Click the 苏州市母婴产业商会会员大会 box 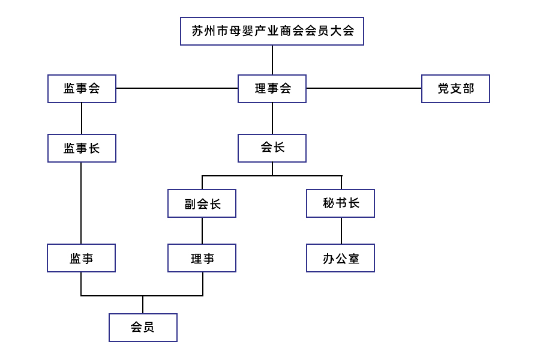[x=272, y=31]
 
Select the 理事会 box [x=272, y=89]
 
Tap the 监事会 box [x=82, y=89]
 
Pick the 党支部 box [x=455, y=89]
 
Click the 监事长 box [x=82, y=148]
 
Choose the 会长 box [x=272, y=148]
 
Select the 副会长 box [x=202, y=203]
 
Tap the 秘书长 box [x=340, y=203]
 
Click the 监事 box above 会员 [x=81, y=258]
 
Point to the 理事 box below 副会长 [x=202, y=258]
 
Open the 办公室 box [x=340, y=258]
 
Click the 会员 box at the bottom [x=143, y=328]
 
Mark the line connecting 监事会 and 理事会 [x=177, y=88]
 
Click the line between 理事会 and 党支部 [x=364, y=88]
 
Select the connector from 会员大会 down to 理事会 [x=272, y=60]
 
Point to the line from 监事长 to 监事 [x=81, y=203]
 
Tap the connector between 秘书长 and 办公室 [x=341, y=230]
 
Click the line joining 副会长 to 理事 [x=202, y=230]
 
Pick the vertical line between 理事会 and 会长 [x=272, y=118]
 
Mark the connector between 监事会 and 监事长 [x=82, y=118]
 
